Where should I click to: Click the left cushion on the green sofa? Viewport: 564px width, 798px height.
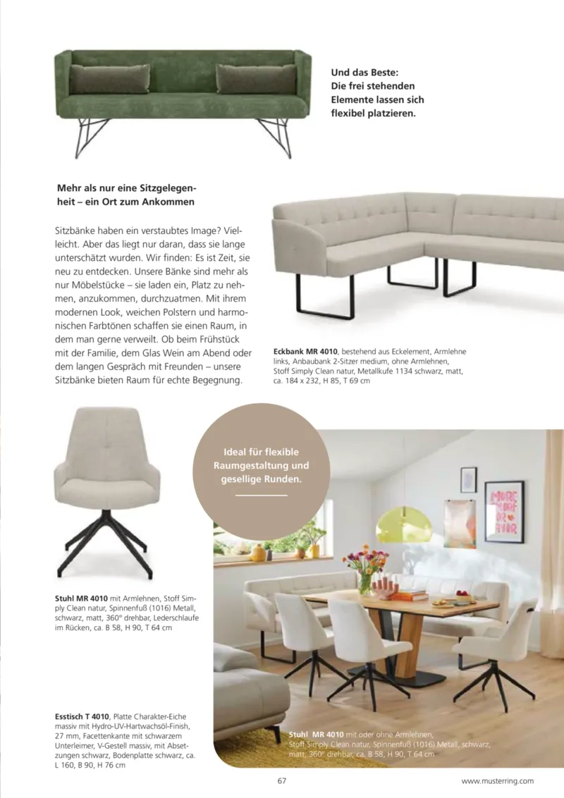tap(109, 78)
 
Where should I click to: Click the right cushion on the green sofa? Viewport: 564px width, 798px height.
tap(256, 78)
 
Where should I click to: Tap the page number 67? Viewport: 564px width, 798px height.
tap(281, 780)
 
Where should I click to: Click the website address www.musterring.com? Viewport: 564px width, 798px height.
tap(497, 780)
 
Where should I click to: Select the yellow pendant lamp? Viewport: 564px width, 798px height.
tap(404, 526)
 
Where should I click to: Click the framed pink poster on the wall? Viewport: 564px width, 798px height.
tap(504, 512)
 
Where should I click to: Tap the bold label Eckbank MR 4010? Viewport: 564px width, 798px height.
tap(305, 351)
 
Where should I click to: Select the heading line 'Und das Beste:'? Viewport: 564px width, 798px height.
tap(364, 72)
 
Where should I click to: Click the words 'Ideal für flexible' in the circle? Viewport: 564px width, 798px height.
tap(261, 452)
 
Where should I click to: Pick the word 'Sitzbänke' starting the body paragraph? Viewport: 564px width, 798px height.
tap(75, 231)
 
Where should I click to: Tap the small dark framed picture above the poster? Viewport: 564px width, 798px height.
tap(468, 479)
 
